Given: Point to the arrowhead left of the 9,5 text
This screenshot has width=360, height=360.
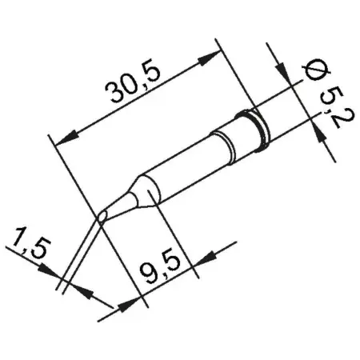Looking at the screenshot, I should pos(127,302).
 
